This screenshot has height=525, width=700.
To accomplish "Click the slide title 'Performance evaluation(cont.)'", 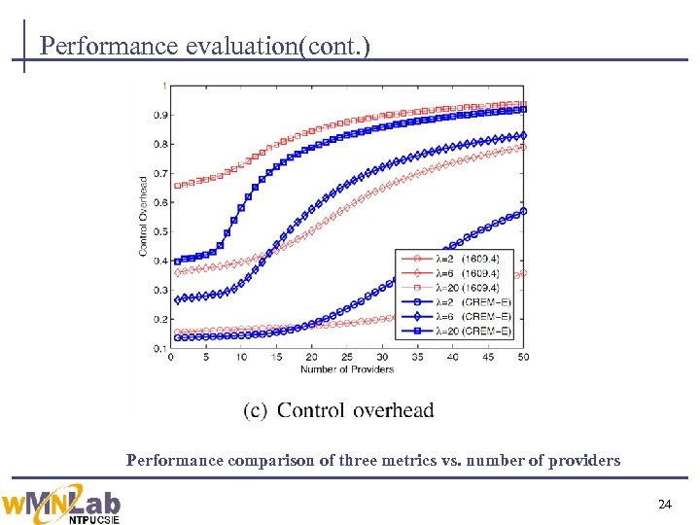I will tap(205, 46).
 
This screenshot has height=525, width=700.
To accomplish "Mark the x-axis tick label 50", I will tap(523, 358).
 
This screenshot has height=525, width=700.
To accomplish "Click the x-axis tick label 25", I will tap(347, 358).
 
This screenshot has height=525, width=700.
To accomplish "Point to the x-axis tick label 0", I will tap(171, 358).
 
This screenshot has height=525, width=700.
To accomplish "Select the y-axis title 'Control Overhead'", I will tap(144, 216).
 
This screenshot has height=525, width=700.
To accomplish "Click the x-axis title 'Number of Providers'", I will tap(347, 369).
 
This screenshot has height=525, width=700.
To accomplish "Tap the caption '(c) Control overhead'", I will tap(338, 411).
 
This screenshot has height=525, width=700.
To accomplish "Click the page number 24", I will tap(665, 505).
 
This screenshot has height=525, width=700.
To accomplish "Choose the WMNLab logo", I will tap(62, 501).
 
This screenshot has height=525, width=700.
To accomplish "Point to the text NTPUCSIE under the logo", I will tap(93, 518).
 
